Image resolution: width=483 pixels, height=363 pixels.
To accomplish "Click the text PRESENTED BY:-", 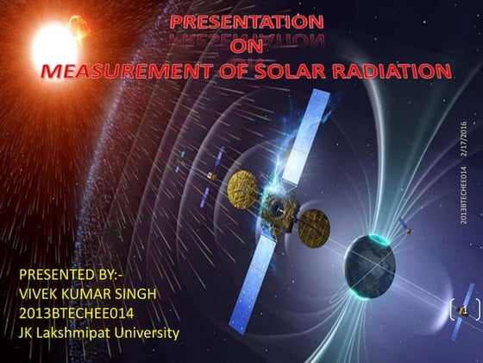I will (64, 275).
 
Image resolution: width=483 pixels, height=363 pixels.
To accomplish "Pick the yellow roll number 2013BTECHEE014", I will (75, 313).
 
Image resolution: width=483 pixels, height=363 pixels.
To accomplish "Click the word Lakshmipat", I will (80, 332).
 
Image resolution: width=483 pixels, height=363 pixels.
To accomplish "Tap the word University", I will (148, 332).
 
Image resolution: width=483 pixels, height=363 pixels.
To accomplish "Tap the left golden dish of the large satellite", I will (243, 183).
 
